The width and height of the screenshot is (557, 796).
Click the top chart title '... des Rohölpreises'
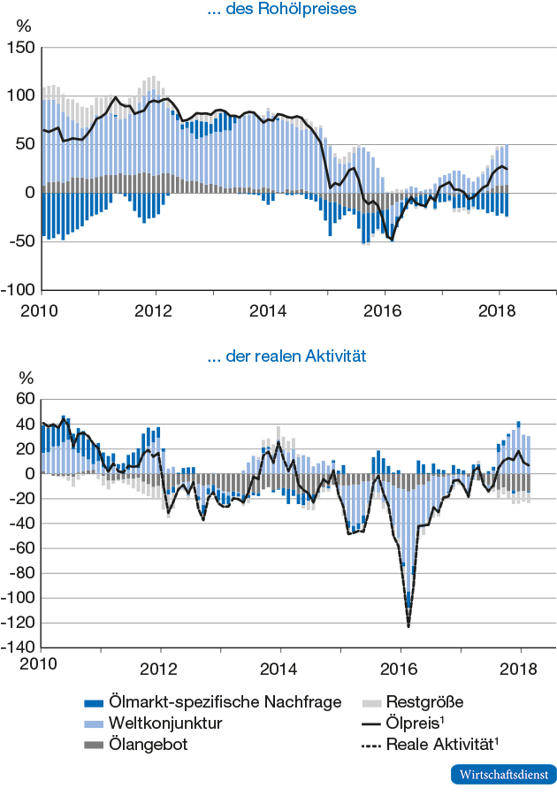click(x=281, y=11)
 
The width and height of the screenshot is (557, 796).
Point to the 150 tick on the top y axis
click(x=19, y=48)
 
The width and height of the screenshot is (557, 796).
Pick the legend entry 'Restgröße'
click(x=424, y=702)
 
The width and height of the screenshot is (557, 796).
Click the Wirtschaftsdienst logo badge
click(x=504, y=774)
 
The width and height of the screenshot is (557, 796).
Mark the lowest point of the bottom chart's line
click(x=408, y=627)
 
